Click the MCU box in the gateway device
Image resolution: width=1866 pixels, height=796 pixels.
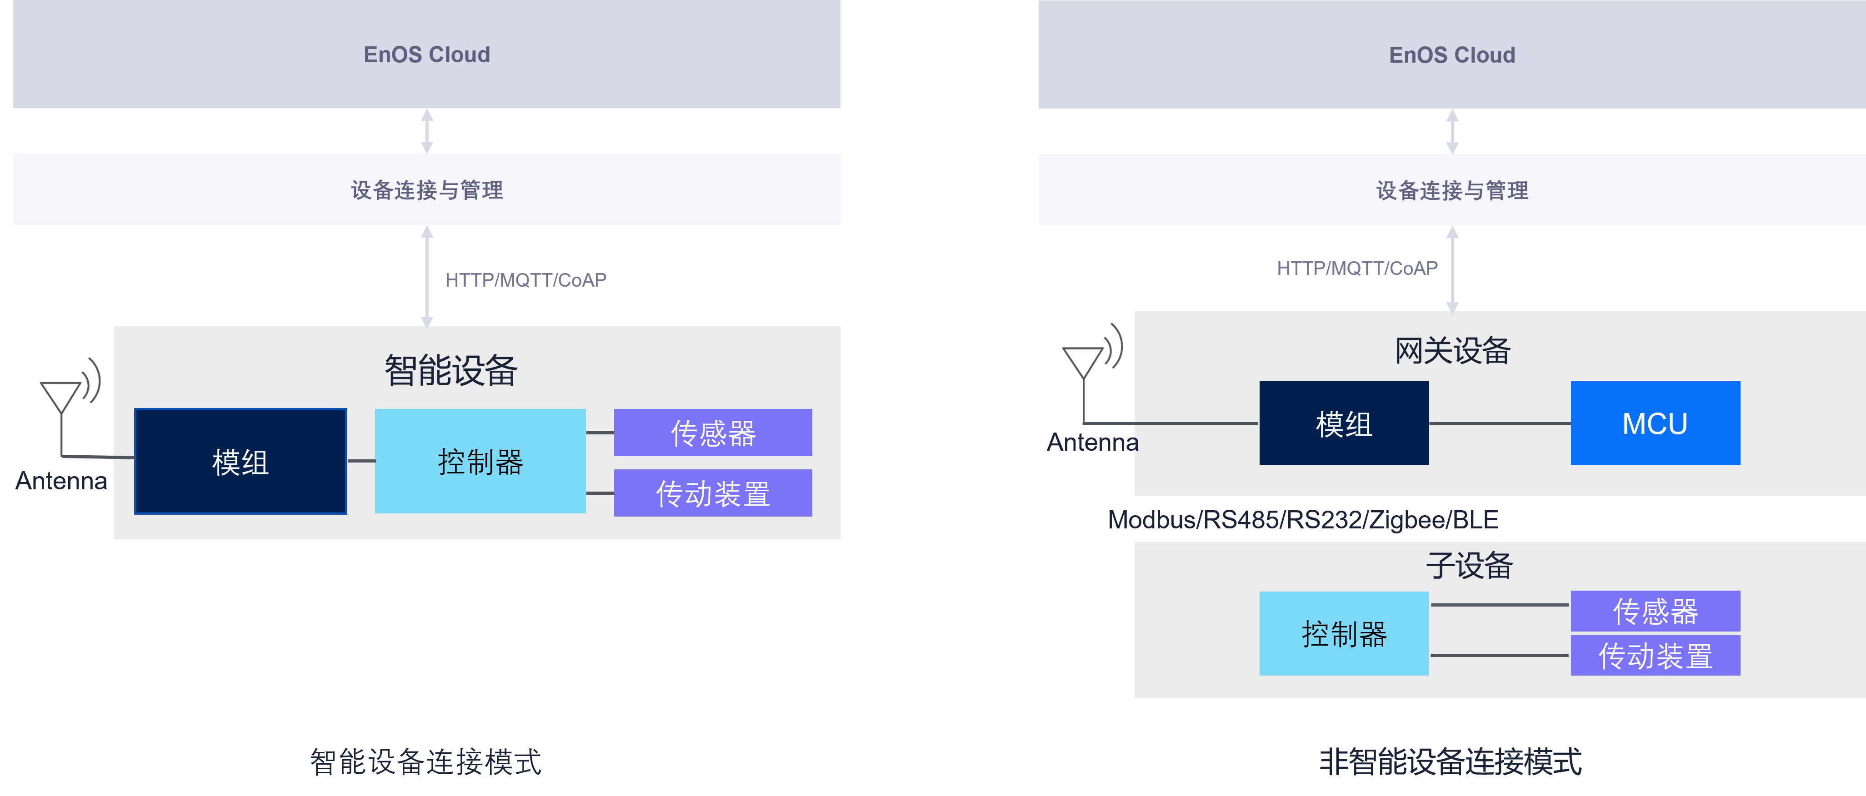tap(1655, 423)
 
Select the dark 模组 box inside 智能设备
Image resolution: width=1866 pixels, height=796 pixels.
tap(240, 461)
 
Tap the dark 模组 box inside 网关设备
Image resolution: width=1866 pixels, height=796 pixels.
tap(1344, 423)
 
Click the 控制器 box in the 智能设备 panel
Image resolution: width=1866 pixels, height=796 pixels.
tap(480, 461)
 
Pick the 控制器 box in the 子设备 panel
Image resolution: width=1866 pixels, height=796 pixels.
tap(1344, 634)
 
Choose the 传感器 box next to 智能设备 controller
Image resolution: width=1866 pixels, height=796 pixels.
tap(713, 433)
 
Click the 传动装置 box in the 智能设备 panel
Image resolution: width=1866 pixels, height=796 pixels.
tap(713, 493)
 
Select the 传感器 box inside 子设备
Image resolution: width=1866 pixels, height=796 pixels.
tap(1655, 611)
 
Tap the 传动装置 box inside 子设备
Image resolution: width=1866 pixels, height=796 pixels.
tap(1655, 656)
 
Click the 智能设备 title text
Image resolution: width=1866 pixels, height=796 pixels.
tap(450, 370)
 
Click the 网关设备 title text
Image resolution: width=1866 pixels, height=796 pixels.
tap(1452, 351)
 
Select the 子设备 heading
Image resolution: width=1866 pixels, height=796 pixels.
tap(1469, 565)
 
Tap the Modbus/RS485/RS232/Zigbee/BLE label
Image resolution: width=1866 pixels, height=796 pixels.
tap(1302, 519)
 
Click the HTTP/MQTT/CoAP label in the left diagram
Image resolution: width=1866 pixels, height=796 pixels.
tap(526, 280)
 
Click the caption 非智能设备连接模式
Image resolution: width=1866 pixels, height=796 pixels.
tap(1450, 761)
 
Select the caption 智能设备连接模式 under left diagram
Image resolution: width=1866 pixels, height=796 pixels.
tap(426, 761)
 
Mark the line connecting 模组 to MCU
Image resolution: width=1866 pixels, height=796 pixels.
tap(1500, 423)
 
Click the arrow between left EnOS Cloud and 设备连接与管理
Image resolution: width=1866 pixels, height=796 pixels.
tap(427, 131)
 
